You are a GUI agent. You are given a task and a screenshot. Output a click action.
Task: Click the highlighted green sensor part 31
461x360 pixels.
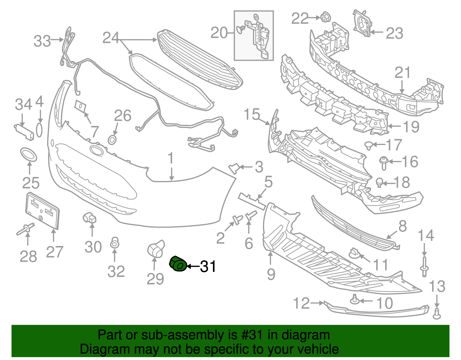(178, 263)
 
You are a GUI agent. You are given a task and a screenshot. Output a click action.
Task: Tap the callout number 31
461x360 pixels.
(208, 267)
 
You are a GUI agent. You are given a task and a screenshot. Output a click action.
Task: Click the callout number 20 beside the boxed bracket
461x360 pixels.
(219, 33)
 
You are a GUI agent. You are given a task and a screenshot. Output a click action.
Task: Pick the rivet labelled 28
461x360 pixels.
(25, 229)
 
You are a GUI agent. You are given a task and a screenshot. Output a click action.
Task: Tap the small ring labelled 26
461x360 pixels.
(112, 140)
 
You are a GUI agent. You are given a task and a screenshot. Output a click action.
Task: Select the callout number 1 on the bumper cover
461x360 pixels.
(171, 158)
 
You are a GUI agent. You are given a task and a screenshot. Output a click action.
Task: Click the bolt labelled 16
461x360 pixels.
(383, 163)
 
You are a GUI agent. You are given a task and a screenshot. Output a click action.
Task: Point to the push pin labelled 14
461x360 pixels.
(424, 267)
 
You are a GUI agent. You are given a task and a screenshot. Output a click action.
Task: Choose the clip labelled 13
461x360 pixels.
(437, 314)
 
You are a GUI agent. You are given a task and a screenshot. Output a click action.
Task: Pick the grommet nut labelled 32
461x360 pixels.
(115, 243)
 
